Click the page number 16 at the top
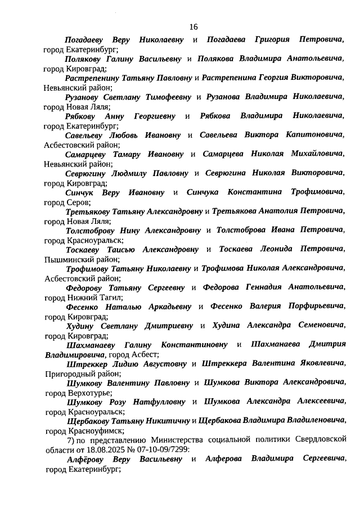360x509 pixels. [x=193, y=26]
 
